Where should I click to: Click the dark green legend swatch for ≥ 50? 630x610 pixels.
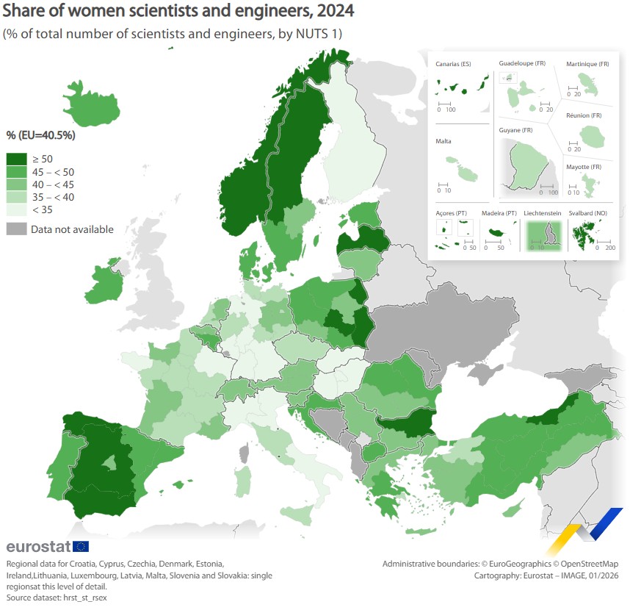pos(16,159)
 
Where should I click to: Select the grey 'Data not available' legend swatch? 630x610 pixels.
pos(16,229)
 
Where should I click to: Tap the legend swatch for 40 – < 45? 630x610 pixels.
pos(16,184)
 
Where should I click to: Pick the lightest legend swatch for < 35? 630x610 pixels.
pos(16,209)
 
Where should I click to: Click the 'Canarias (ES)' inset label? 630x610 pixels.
pos(453,65)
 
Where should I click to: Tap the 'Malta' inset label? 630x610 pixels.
pos(443,141)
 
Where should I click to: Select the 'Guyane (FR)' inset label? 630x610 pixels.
pos(515,130)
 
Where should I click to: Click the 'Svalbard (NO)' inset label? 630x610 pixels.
pos(585,213)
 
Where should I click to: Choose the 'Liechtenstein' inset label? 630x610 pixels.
pos(543,213)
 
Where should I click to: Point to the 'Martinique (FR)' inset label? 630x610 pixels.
pos(587,65)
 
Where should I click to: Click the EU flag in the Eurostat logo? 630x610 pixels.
pos(81,546)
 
